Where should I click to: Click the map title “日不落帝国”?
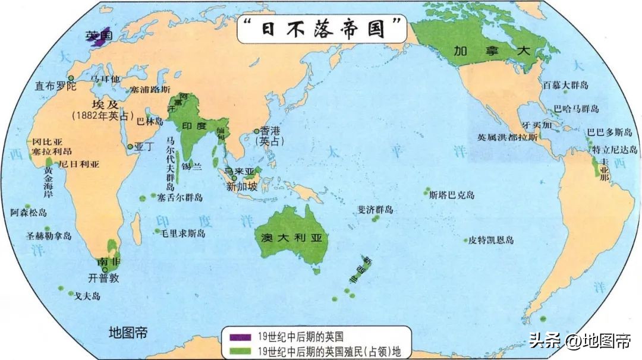321,29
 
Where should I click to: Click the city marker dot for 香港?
257,131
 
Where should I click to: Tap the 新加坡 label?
242,186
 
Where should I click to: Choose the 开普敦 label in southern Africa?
104,277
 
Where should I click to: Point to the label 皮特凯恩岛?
491,241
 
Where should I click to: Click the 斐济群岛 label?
375,210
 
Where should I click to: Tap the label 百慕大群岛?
565,86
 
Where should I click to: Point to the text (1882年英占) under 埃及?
104,116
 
